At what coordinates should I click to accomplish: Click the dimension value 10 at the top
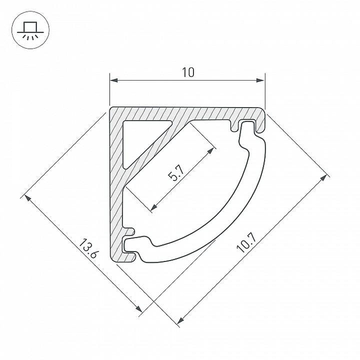(x=188, y=72)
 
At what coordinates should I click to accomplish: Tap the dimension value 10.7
(x=247, y=243)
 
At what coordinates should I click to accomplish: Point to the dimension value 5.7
(x=176, y=173)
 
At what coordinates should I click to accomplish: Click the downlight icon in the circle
(x=30, y=30)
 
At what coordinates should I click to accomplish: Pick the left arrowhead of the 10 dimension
(x=114, y=81)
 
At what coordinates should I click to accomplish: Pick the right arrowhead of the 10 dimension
(x=261, y=81)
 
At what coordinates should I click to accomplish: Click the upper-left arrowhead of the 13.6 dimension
(x=27, y=198)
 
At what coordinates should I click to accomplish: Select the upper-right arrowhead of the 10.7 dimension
(x=324, y=177)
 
